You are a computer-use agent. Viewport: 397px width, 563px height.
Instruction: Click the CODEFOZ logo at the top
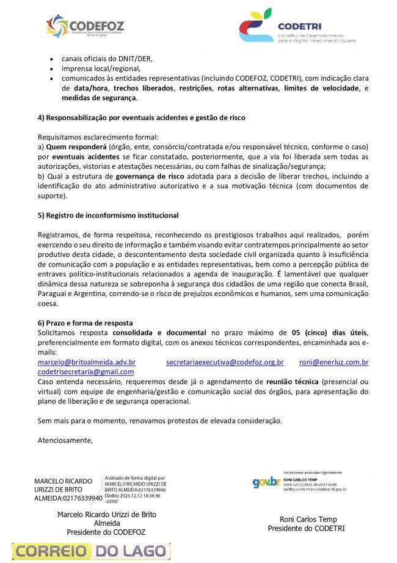pyautogui.click(x=86, y=26)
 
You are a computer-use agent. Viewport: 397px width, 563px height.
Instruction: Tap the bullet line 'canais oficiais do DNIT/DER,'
pyautogui.click(x=107, y=59)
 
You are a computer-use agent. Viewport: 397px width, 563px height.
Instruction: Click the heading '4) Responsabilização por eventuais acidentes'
pyautogui.click(x=142, y=117)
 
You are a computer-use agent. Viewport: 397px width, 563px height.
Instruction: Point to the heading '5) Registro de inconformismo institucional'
pyautogui.click(x=108, y=215)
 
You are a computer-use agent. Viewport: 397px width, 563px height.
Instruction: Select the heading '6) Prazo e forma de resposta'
pyautogui.click(x=86, y=323)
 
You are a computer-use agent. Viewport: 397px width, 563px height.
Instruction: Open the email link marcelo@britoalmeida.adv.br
pyautogui.click(x=87, y=362)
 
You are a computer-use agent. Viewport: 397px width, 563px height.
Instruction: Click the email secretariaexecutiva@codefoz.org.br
pyautogui.click(x=225, y=362)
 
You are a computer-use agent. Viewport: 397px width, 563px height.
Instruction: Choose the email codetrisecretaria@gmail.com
pyautogui.click(x=86, y=372)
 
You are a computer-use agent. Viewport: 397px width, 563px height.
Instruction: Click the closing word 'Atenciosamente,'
pyautogui.click(x=65, y=440)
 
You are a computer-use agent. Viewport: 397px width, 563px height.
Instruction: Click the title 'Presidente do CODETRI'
pyautogui.click(x=306, y=528)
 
